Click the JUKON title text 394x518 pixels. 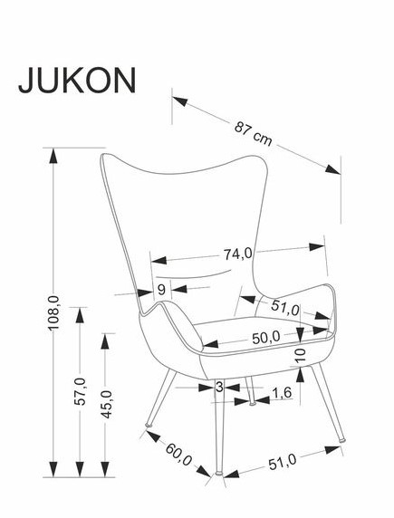pyautogui.click(x=77, y=81)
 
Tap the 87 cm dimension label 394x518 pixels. pyautogui.click(x=254, y=133)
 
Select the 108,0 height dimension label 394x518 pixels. pyautogui.click(x=53, y=312)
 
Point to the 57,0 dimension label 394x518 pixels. pyautogui.click(x=80, y=391)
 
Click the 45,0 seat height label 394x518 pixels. pyautogui.click(x=107, y=405)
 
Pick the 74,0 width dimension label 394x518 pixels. pyautogui.click(x=237, y=254)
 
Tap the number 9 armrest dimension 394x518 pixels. pyautogui.click(x=161, y=290)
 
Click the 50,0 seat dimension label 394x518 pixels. pyautogui.click(x=265, y=338)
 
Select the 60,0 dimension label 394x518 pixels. pyautogui.click(x=178, y=455)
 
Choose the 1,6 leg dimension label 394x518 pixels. pyautogui.click(x=282, y=393)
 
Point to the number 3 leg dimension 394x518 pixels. pyautogui.click(x=220, y=387)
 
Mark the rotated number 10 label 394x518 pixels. pyautogui.click(x=301, y=356)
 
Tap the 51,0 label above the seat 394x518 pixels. pyautogui.click(x=285, y=307)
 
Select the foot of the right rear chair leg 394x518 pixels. pyautogui.click(x=342, y=440)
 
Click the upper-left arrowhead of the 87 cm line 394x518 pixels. pyautogui.click(x=180, y=101)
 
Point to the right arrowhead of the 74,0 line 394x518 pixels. pyautogui.click(x=316, y=247)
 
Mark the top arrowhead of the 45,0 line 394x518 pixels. pyautogui.click(x=105, y=341)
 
